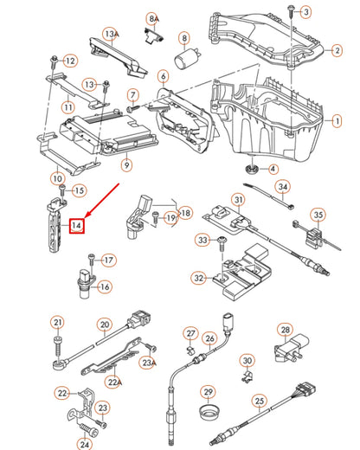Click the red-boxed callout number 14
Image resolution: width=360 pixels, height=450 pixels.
77,226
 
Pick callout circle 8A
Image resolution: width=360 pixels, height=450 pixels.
153,18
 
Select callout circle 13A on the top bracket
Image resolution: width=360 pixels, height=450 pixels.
110,34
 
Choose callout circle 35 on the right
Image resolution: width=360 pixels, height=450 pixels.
318,215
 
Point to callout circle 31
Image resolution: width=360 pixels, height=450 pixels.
238,202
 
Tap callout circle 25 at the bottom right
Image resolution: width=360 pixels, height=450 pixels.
257,401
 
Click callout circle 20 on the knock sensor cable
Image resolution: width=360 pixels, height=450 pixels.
104,326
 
